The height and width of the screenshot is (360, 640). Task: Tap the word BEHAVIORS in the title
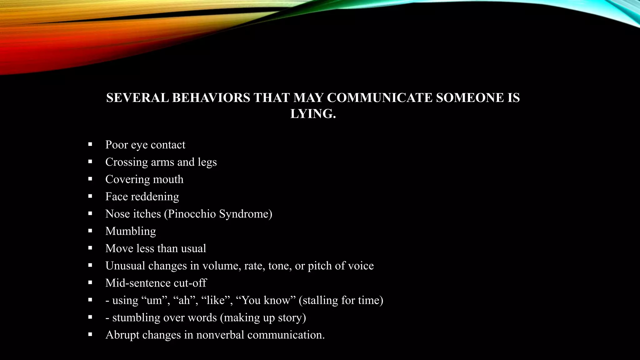click(x=211, y=98)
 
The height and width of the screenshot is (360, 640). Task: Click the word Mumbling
click(x=131, y=231)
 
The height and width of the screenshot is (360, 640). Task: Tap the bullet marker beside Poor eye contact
click(x=90, y=144)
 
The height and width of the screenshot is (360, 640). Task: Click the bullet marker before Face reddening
click(x=90, y=196)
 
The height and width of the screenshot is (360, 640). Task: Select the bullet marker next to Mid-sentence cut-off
click(x=90, y=282)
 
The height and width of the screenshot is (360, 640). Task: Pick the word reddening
click(x=155, y=197)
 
